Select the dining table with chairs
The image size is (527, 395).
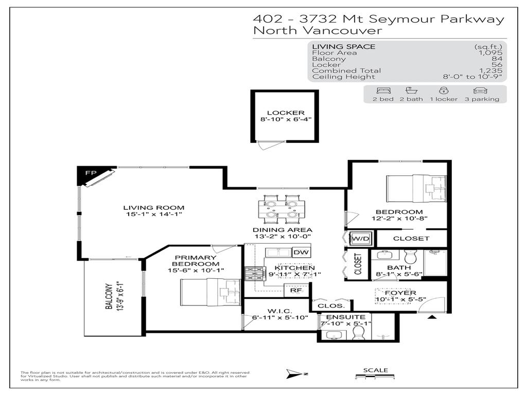278,208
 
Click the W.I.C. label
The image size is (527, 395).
279,311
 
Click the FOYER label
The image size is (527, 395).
403,293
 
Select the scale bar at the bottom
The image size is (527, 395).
375,378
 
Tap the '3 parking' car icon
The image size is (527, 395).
481,90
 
